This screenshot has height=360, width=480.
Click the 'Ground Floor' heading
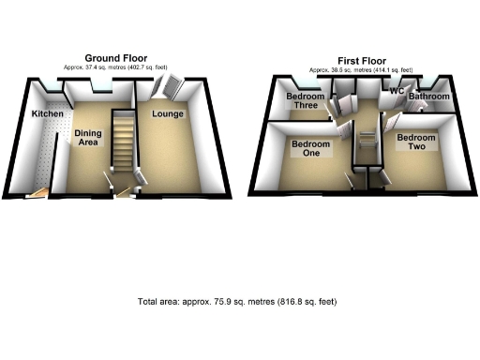[116, 58]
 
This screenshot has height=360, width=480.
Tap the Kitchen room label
[47, 113]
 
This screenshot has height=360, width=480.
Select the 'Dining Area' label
[87, 140]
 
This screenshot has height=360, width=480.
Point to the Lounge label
[167, 114]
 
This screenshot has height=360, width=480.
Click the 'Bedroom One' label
[308, 150]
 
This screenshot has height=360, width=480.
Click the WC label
[396, 92]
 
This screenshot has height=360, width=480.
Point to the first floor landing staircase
[363, 147]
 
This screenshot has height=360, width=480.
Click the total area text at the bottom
[236, 302]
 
